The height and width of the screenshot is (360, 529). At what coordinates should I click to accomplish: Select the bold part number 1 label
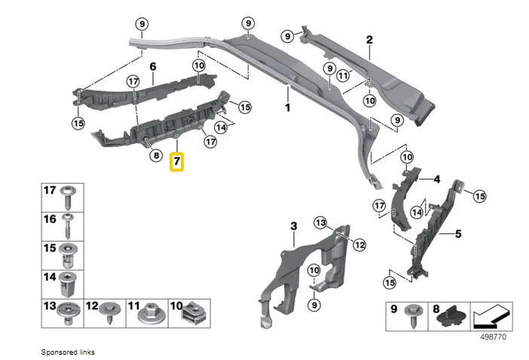point(287,108)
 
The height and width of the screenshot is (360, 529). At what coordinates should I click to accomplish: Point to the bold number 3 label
point(294,225)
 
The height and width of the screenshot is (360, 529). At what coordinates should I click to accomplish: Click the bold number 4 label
point(436,179)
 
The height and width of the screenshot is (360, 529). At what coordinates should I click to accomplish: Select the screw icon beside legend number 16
point(69,224)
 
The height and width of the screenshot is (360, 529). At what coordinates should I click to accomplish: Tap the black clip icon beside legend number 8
point(450,316)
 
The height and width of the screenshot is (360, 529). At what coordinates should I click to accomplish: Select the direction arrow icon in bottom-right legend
point(491,316)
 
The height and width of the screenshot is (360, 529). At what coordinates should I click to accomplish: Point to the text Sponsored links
point(69,352)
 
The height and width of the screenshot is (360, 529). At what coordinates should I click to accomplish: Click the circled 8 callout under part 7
point(157,156)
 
